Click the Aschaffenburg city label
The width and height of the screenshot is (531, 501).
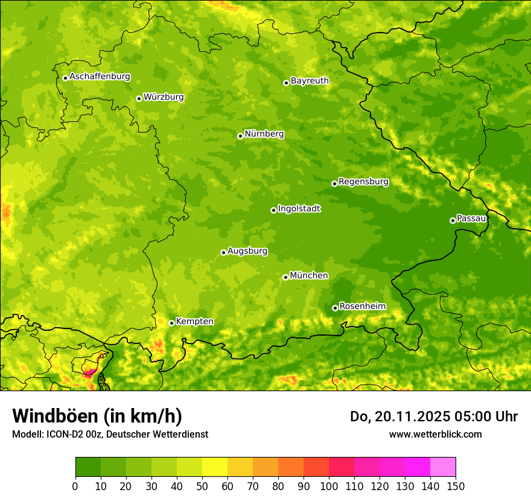(x=100, y=77)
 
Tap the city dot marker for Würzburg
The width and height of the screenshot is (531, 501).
(x=139, y=98)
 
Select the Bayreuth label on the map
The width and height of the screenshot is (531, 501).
(x=310, y=81)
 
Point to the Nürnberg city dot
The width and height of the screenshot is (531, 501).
(x=240, y=136)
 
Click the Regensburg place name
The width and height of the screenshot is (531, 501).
(x=363, y=182)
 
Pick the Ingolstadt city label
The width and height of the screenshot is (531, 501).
(x=299, y=209)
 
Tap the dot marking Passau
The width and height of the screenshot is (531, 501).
(x=453, y=220)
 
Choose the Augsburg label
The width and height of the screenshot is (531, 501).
(x=247, y=251)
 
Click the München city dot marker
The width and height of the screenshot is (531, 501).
(x=285, y=277)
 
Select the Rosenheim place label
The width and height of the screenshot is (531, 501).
(x=362, y=307)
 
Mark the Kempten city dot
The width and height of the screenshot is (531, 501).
(x=171, y=323)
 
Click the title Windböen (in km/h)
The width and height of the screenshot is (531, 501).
(x=97, y=416)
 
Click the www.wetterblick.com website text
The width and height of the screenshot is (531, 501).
(x=435, y=434)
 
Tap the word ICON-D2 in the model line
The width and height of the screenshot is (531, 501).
(x=63, y=434)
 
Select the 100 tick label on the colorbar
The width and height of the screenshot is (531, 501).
(x=329, y=486)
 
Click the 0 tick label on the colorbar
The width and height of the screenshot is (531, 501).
(x=75, y=486)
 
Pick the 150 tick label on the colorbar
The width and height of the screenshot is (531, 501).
(x=456, y=486)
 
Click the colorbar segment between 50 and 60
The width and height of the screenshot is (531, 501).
(x=215, y=467)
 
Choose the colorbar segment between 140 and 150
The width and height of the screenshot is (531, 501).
(x=443, y=467)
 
